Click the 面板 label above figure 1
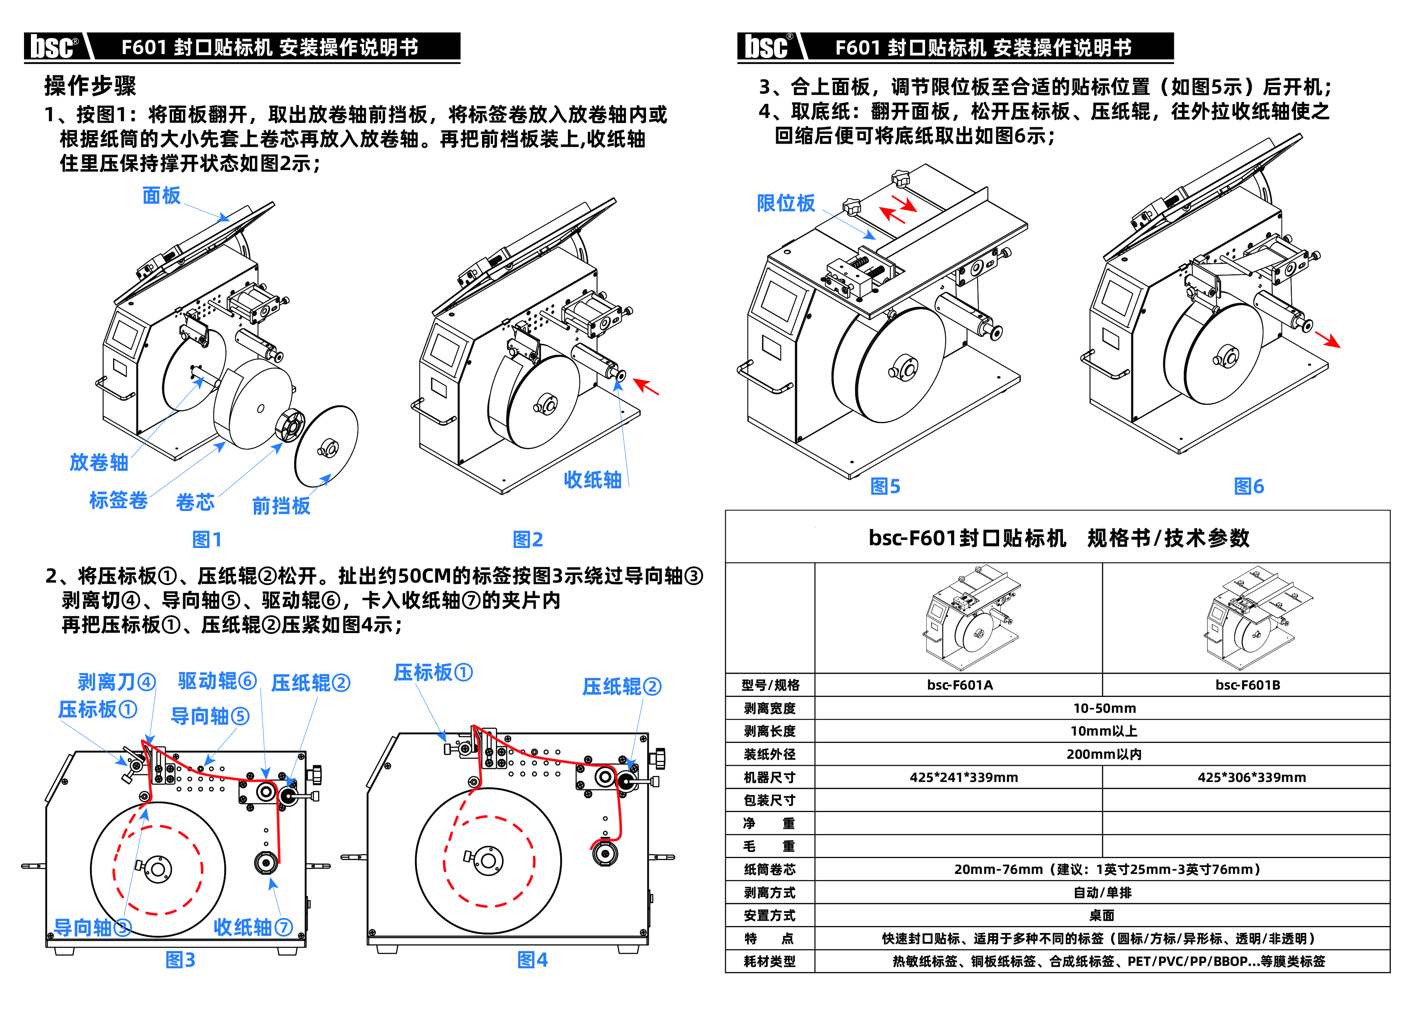(161, 195)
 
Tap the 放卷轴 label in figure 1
(99, 463)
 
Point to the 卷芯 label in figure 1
(195, 502)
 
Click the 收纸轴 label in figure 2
(592, 479)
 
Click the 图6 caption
(1249, 486)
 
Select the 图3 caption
(180, 960)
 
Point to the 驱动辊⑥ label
(217, 681)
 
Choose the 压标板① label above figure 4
(433, 672)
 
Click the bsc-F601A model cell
(960, 685)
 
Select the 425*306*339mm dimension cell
(1252, 777)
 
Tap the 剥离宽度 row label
(770, 708)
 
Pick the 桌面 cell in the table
(1102, 915)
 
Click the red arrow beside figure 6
(1328, 339)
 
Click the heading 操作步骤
(90, 86)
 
